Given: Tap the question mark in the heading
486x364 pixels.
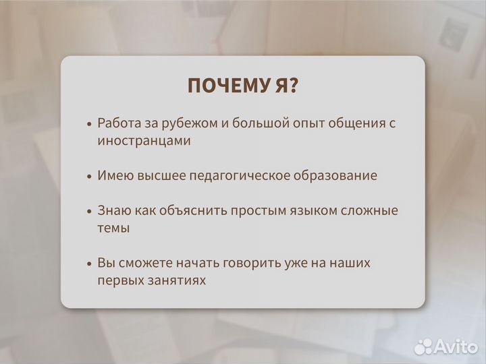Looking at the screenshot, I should point(294,86).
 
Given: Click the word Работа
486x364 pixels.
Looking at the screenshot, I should point(119,123).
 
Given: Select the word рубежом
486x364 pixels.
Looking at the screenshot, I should point(185,124).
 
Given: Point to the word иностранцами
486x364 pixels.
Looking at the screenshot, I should point(144,141).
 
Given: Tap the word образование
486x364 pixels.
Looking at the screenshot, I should point(335,176).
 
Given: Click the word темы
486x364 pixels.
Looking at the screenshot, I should point(113,228).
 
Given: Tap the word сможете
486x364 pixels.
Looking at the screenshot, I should point(146,263).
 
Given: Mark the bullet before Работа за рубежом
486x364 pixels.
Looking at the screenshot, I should point(90,125).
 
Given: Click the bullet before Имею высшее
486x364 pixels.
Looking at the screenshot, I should point(90,177).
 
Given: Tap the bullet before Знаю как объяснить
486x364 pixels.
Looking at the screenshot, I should point(90,212).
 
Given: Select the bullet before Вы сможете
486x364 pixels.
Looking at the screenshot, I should point(90,264).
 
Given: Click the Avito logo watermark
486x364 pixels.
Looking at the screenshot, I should point(445,346).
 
